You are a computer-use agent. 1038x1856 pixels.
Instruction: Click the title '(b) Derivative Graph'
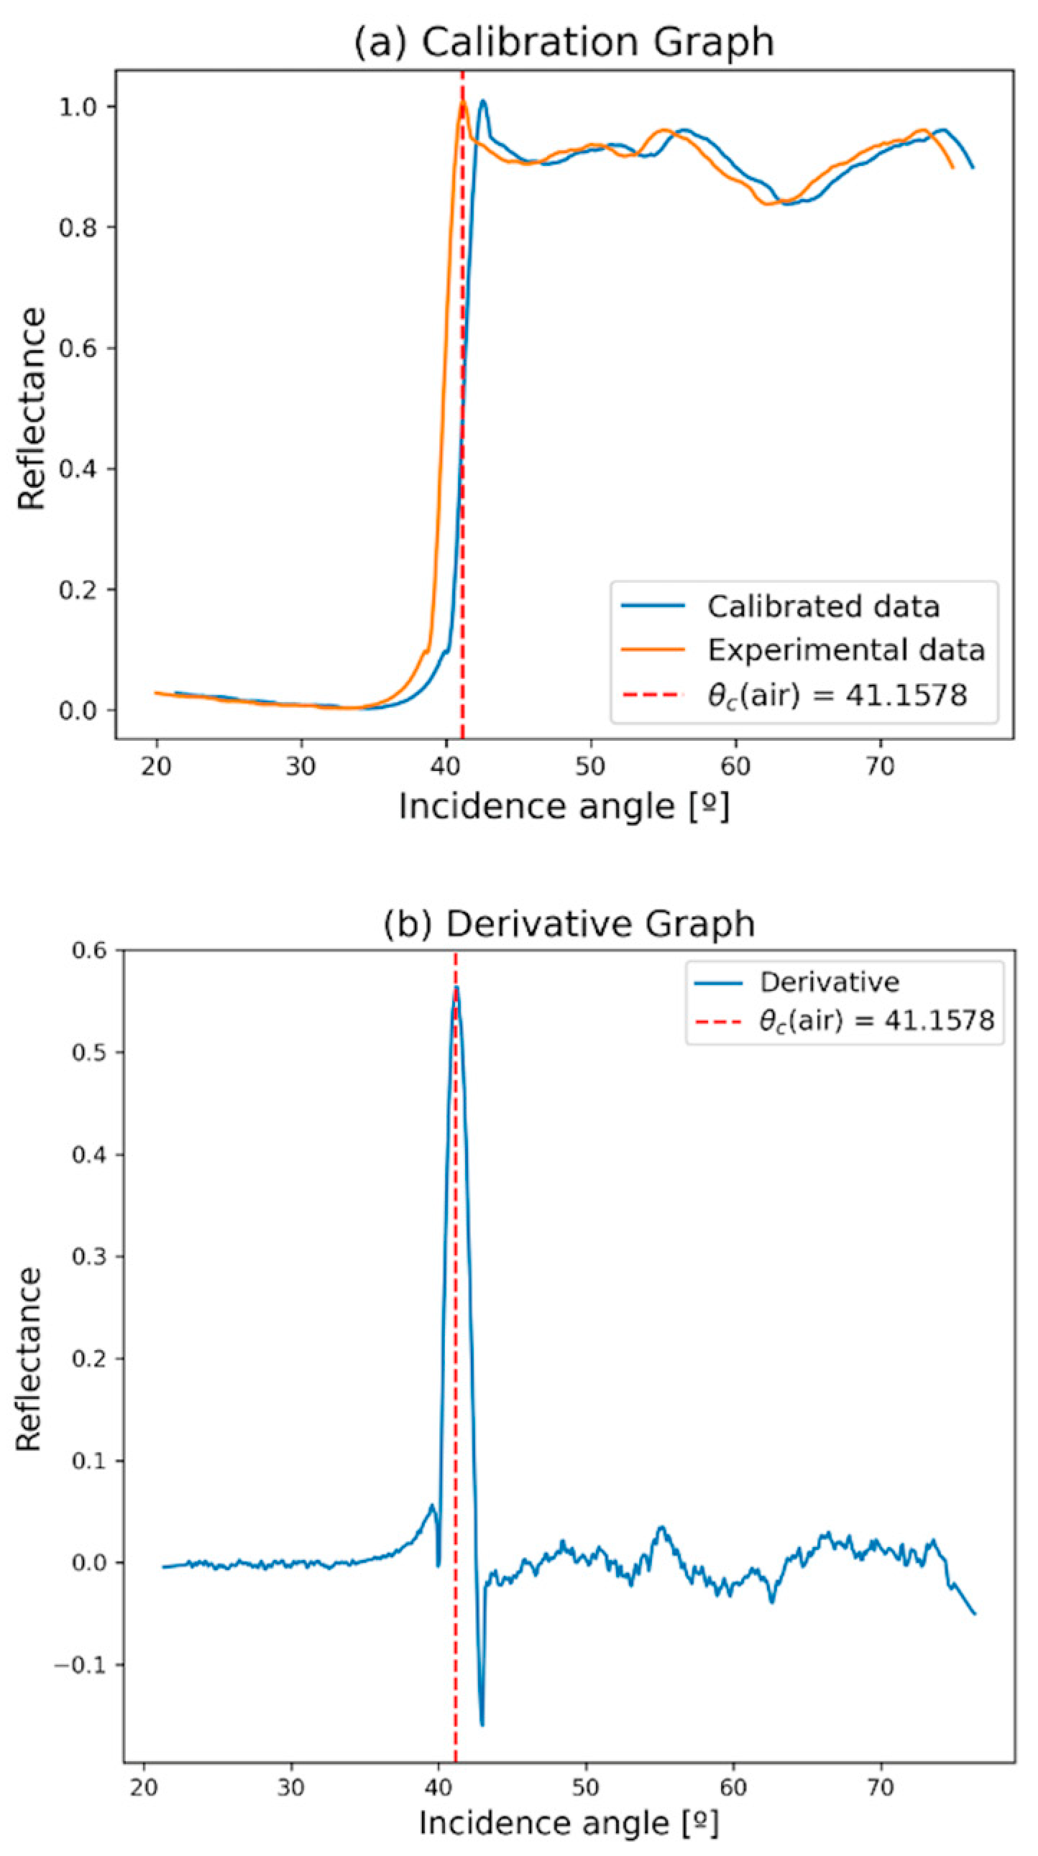[568, 923]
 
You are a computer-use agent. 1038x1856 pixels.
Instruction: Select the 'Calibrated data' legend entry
[822, 606]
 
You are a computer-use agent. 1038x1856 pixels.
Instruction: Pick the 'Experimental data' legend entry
[845, 650]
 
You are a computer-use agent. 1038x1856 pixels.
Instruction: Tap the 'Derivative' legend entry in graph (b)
[829, 982]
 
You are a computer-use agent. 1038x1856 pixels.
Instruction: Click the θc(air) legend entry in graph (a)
[836, 696]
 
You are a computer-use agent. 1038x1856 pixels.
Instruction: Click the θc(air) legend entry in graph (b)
[876, 1020]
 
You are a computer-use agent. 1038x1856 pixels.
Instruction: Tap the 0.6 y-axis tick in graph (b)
[88, 950]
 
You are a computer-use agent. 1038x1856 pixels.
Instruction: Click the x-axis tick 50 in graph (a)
[590, 767]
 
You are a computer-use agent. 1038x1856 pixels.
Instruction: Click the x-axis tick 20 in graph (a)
[157, 767]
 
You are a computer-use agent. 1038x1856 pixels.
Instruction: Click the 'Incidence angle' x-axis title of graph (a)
[564, 807]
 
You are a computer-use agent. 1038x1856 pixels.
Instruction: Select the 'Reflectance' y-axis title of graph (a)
[32, 410]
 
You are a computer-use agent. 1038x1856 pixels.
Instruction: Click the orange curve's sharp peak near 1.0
[462, 102]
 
